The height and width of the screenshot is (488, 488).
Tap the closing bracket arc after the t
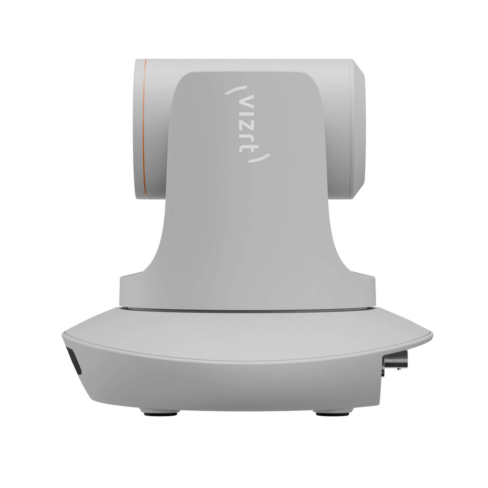point(261,158)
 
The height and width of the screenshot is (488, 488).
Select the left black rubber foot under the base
point(161,414)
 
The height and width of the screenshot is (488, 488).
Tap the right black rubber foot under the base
point(333,414)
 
